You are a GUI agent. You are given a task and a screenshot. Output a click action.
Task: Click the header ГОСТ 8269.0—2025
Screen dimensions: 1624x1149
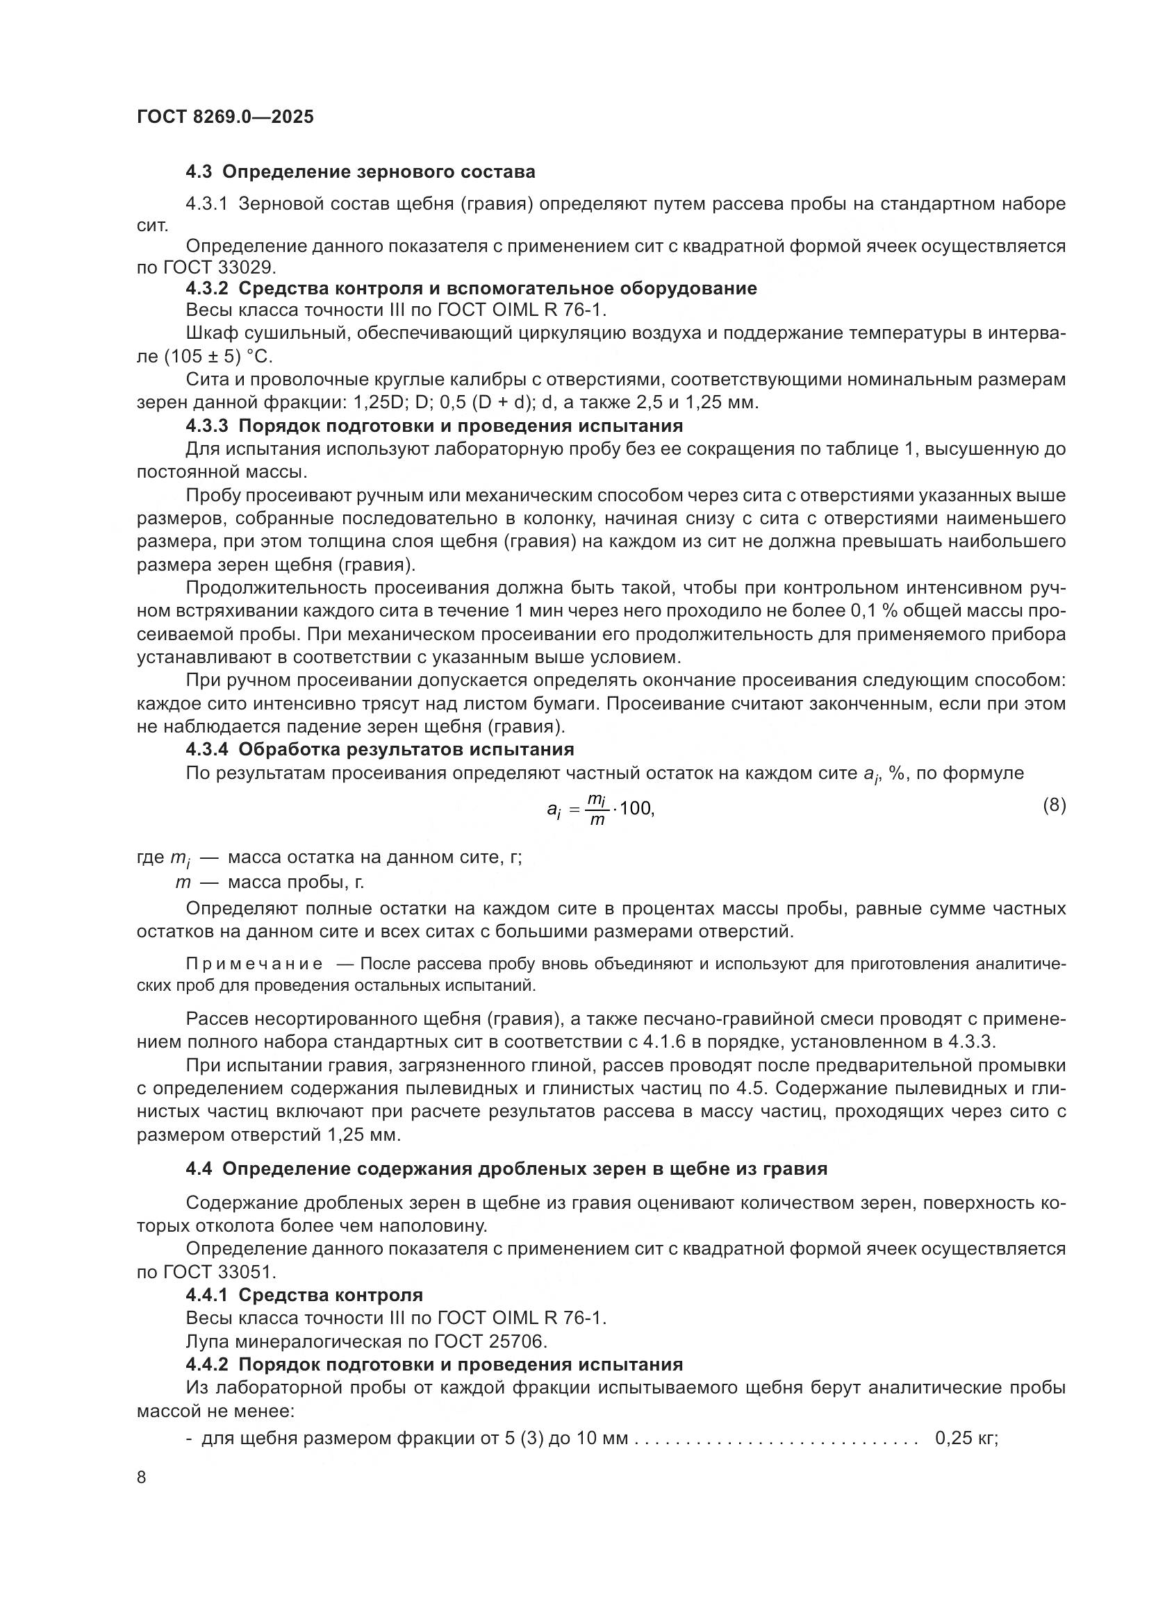[225, 117]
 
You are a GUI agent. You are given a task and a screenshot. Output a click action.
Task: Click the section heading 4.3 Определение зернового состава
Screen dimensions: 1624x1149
[360, 172]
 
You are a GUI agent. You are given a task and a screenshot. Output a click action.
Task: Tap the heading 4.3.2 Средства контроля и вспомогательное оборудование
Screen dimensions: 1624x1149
[471, 289]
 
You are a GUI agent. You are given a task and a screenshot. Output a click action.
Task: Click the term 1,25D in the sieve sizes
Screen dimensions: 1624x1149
[372, 403]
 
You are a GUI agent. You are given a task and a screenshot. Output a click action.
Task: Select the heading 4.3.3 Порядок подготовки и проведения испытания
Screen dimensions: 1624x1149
[434, 426]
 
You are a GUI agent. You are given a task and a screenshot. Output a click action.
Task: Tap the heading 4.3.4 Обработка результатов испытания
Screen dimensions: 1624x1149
[380, 749]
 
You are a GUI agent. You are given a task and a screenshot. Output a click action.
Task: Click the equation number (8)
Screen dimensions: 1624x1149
[1055, 805]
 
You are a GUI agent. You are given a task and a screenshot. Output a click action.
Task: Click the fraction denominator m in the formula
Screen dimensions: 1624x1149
[597, 821]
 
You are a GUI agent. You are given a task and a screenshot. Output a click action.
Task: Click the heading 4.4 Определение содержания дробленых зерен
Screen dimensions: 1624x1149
[506, 1169]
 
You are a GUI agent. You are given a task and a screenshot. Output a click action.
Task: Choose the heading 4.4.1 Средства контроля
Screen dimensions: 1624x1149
[304, 1295]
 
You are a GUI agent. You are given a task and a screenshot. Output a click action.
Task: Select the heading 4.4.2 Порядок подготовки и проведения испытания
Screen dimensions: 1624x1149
[434, 1364]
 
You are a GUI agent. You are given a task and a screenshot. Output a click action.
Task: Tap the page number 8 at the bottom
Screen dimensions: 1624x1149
[142, 1477]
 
